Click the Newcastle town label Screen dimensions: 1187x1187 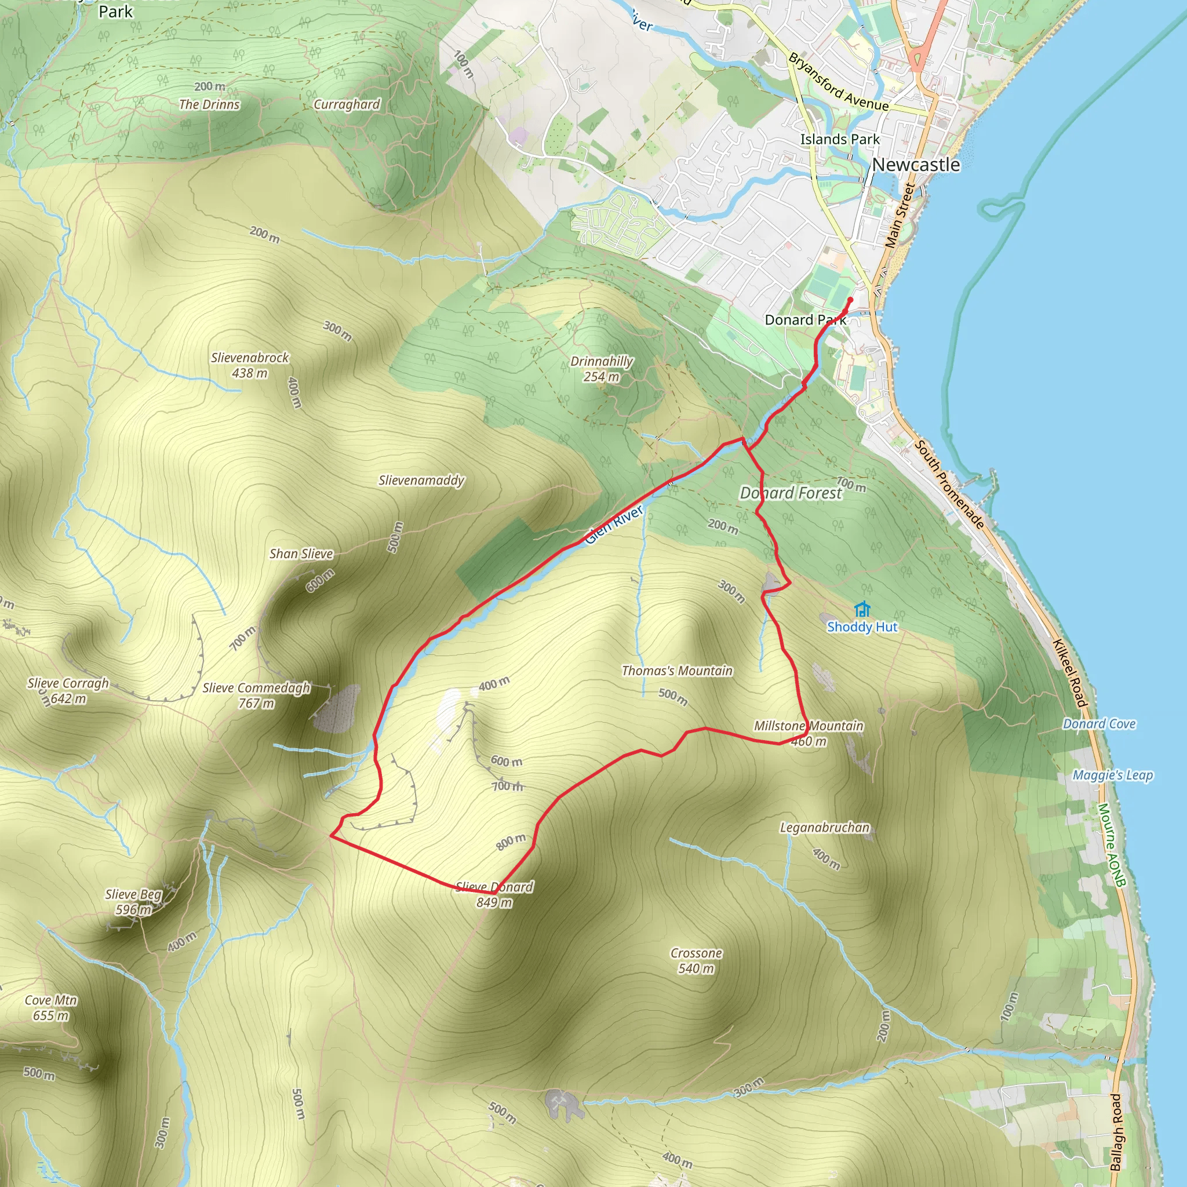[x=915, y=165]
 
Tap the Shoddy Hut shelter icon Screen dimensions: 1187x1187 [x=862, y=609]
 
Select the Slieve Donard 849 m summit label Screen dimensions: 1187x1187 [x=494, y=894]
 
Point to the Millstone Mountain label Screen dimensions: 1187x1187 [x=809, y=726]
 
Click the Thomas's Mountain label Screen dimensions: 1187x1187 [x=677, y=671]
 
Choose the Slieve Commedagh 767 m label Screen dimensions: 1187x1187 [x=256, y=696]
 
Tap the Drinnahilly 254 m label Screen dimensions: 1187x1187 [x=602, y=369]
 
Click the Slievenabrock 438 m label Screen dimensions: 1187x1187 [x=249, y=365]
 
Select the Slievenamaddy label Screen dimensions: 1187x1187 [x=421, y=480]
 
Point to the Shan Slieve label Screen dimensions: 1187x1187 [x=301, y=554]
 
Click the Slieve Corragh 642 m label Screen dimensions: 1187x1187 [x=68, y=690]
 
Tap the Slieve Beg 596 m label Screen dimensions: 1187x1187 [x=133, y=902]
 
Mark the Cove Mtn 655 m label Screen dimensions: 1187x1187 [x=51, y=1007]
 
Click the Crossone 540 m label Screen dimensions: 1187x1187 [x=696, y=960]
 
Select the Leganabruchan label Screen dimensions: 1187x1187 [x=825, y=828]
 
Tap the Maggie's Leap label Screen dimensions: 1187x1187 [x=1113, y=775]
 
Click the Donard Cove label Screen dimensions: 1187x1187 [x=1099, y=724]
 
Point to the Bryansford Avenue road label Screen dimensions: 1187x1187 [x=838, y=82]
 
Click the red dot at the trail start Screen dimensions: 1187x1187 [x=850, y=300]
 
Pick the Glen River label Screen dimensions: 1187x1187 [x=614, y=524]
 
